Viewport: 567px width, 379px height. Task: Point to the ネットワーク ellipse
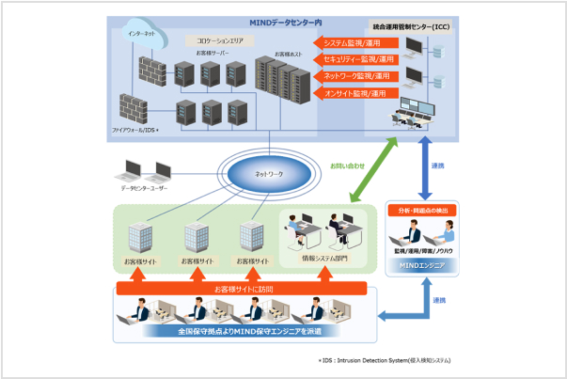coord(269,176)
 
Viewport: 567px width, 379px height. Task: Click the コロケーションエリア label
coord(213,42)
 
